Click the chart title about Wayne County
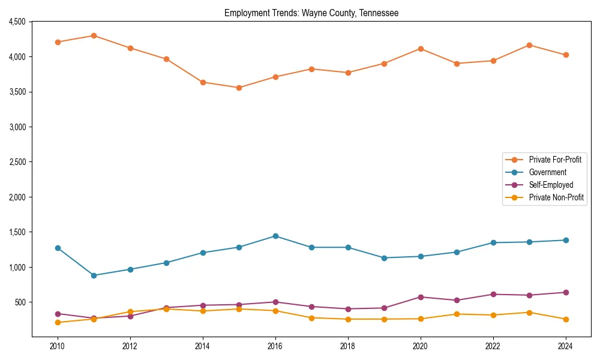[x=311, y=13]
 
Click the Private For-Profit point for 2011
[x=94, y=35]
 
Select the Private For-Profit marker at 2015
[x=239, y=88]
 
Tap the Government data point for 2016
[x=275, y=236]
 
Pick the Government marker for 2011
[x=94, y=275]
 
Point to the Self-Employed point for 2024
[x=566, y=292]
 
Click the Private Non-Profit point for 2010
[x=58, y=322]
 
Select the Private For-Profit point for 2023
[x=529, y=45]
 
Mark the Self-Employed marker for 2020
[x=421, y=297]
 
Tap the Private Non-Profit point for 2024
[x=566, y=319]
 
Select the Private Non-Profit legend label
[x=556, y=197]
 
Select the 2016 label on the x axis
[x=275, y=346]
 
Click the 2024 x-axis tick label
[x=566, y=346]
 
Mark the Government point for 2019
[x=384, y=258]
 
